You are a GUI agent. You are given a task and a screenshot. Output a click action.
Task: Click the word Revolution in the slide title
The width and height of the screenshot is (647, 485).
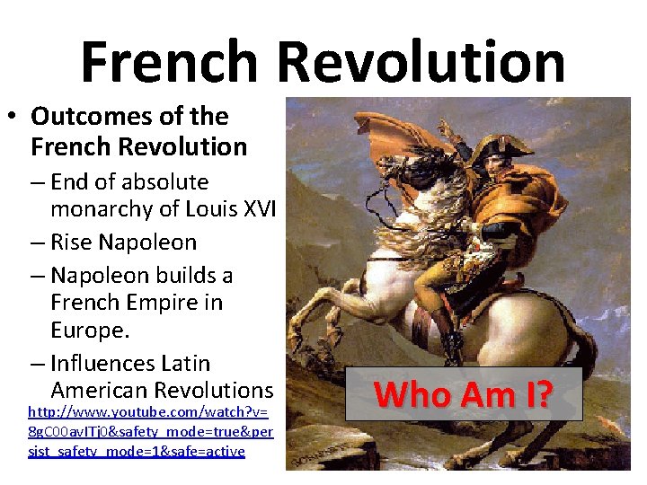(421, 61)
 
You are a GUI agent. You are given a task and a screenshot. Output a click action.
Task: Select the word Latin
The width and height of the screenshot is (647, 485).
(185, 364)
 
